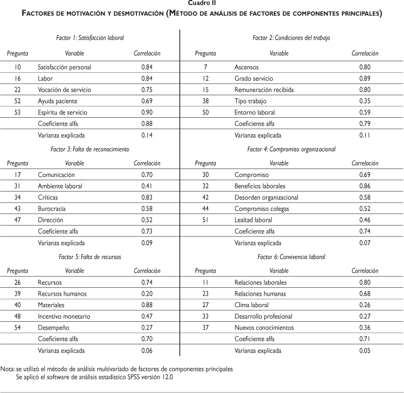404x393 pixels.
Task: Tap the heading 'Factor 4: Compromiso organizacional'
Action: (x=291, y=149)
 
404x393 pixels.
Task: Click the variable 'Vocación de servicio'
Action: (x=64, y=89)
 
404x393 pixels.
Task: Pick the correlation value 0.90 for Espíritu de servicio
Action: (x=147, y=113)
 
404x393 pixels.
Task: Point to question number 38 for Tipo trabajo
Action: (x=205, y=101)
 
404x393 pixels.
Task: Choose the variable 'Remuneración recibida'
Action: (x=264, y=89)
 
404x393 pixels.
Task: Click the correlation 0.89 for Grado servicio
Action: (x=365, y=78)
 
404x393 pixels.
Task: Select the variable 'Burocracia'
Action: (x=52, y=209)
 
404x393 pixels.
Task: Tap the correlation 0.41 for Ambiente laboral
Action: (x=147, y=186)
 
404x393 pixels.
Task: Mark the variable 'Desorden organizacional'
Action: (x=267, y=197)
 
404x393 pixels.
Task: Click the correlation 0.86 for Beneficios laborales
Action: (x=365, y=186)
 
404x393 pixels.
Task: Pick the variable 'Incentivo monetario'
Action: (x=64, y=316)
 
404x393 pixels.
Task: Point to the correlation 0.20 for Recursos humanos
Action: (x=147, y=294)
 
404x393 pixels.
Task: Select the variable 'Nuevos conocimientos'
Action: (x=264, y=328)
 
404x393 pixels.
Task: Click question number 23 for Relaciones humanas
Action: (x=205, y=294)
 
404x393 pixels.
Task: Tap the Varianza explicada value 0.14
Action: (x=147, y=135)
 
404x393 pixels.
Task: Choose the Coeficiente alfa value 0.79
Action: (x=365, y=123)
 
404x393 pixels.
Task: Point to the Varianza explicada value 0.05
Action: (x=365, y=350)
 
